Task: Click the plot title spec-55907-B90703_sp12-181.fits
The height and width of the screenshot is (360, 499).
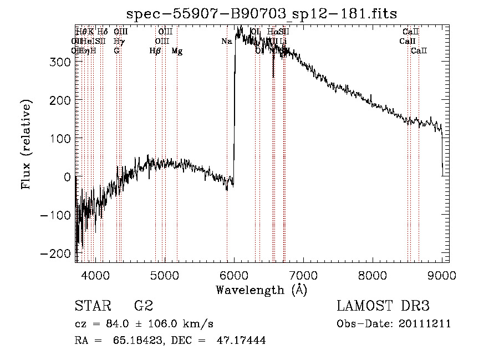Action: point(262,13)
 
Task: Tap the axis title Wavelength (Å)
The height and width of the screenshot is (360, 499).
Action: point(261,290)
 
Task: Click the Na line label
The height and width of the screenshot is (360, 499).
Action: point(226,41)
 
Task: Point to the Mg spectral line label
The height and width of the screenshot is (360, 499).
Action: point(177,50)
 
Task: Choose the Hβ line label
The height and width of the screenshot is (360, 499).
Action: point(155,50)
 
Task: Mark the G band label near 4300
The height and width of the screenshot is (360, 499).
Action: point(116,50)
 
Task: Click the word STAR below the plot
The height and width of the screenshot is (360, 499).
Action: point(92,306)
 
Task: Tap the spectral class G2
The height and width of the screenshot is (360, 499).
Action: point(144,306)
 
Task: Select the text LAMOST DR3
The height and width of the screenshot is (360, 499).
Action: point(383,306)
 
